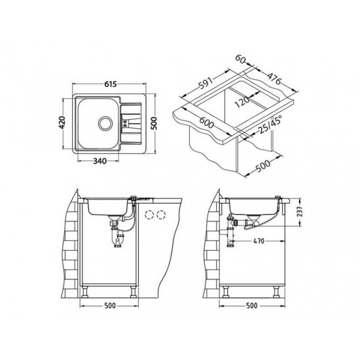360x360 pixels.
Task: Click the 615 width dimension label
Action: coord(111,84)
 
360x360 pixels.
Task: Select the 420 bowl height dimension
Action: coord(62,122)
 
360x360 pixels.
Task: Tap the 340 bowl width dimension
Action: coord(100,161)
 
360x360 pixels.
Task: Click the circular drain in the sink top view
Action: coord(105,124)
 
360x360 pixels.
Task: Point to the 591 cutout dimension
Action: coord(206,83)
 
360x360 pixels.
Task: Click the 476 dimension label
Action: coord(274,79)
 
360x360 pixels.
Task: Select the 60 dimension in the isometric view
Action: coord(240,59)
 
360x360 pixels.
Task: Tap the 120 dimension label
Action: coord(242,102)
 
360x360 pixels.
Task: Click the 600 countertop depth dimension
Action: coord(207,122)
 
